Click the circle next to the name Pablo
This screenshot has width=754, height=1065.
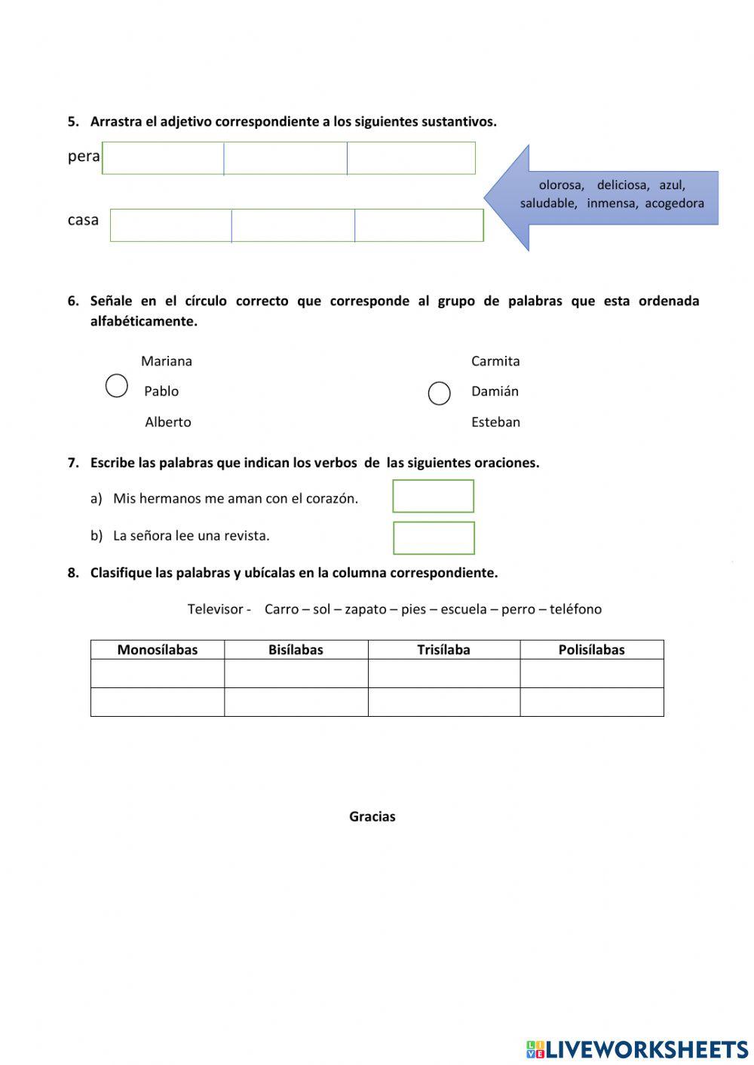[x=116, y=386]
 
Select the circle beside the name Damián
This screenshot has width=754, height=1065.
[x=439, y=393]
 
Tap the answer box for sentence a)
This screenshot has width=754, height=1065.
[x=433, y=496]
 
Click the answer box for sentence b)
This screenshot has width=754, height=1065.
[x=434, y=538]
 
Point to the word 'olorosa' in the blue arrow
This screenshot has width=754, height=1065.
[x=561, y=185]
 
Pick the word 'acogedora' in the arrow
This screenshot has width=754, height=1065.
[x=674, y=204]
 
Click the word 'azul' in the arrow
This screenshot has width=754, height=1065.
[x=671, y=185]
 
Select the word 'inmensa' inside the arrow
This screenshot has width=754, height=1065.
[x=612, y=204]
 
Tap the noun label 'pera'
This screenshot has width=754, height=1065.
[x=84, y=157]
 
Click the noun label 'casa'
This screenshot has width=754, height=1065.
[x=83, y=220]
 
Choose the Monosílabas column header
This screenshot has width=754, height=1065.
[x=157, y=650]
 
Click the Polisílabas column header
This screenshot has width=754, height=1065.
[x=591, y=650]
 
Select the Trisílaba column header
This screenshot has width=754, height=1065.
[x=443, y=650]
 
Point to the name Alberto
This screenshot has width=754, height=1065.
[x=167, y=422]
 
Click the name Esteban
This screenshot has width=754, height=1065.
[x=495, y=422]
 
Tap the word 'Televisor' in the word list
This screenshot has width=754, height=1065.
[x=216, y=609]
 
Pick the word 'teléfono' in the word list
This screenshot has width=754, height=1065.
[x=575, y=609]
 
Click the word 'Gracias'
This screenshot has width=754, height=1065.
[x=372, y=816]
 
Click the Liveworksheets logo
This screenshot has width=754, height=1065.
[x=637, y=1049]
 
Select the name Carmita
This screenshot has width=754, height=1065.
[x=495, y=361]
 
